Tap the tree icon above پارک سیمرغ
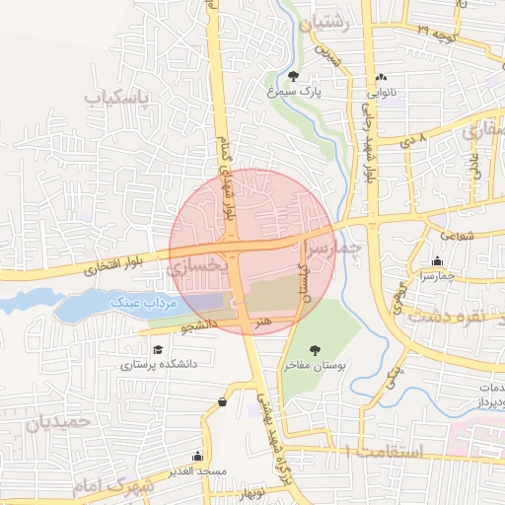click(294, 75)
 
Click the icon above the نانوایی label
click(381, 78)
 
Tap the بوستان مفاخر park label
click(316, 366)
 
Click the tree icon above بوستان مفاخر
click(316, 350)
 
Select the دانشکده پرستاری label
click(159, 364)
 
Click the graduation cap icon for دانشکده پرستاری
click(158, 348)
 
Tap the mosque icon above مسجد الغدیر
click(197, 456)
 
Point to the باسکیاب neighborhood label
click(117, 99)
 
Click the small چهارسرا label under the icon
click(437, 276)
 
